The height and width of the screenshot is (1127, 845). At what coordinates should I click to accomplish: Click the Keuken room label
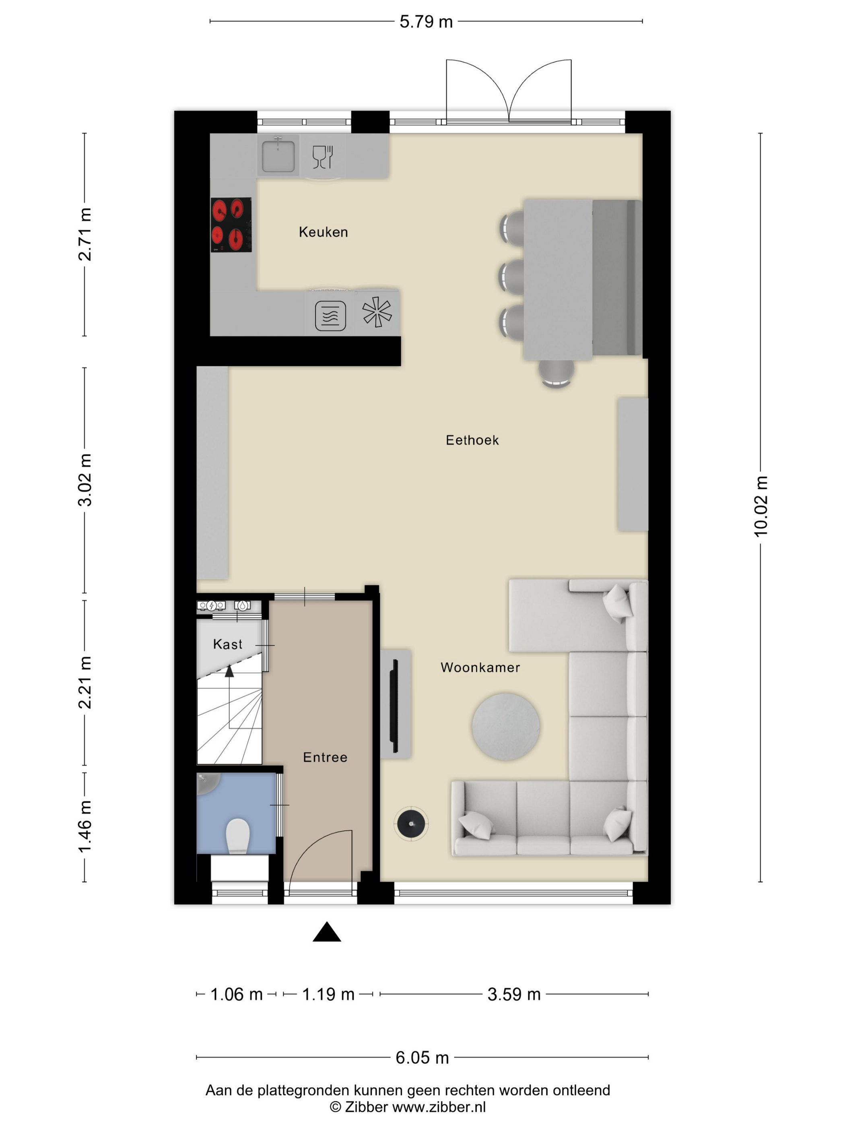click(324, 232)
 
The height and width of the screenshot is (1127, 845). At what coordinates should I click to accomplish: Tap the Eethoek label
click(472, 440)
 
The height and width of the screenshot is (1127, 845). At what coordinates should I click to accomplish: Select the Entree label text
click(325, 757)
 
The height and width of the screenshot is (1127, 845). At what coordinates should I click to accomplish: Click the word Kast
click(228, 644)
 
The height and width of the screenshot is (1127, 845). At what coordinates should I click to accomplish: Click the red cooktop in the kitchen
click(231, 225)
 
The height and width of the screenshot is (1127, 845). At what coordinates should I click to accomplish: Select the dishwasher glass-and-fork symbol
click(322, 157)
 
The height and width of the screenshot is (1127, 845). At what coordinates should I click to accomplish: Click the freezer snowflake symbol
click(377, 312)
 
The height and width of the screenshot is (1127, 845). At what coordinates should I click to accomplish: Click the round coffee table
click(506, 727)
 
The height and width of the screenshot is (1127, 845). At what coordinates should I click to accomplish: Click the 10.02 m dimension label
click(760, 507)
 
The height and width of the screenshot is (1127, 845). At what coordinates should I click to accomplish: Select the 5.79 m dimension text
click(426, 21)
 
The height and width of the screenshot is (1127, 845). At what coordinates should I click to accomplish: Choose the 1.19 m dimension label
click(328, 994)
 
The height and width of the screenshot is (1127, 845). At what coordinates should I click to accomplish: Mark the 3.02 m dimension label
click(85, 480)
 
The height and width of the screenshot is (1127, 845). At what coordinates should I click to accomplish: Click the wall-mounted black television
click(394, 706)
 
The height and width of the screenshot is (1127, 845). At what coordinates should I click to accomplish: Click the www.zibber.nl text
click(439, 1107)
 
